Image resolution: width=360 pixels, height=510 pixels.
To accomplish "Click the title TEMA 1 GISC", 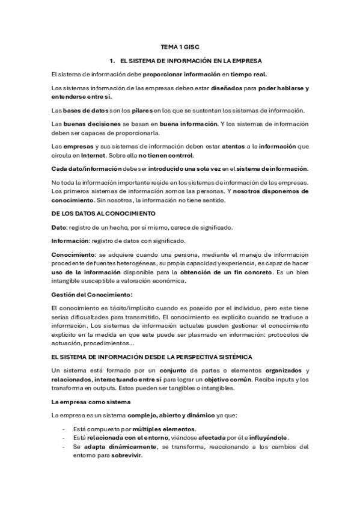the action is [180, 46].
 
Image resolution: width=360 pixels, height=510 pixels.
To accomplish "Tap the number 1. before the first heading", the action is [112, 61].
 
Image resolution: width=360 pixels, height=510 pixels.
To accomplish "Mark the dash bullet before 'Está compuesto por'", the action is [64, 429].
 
